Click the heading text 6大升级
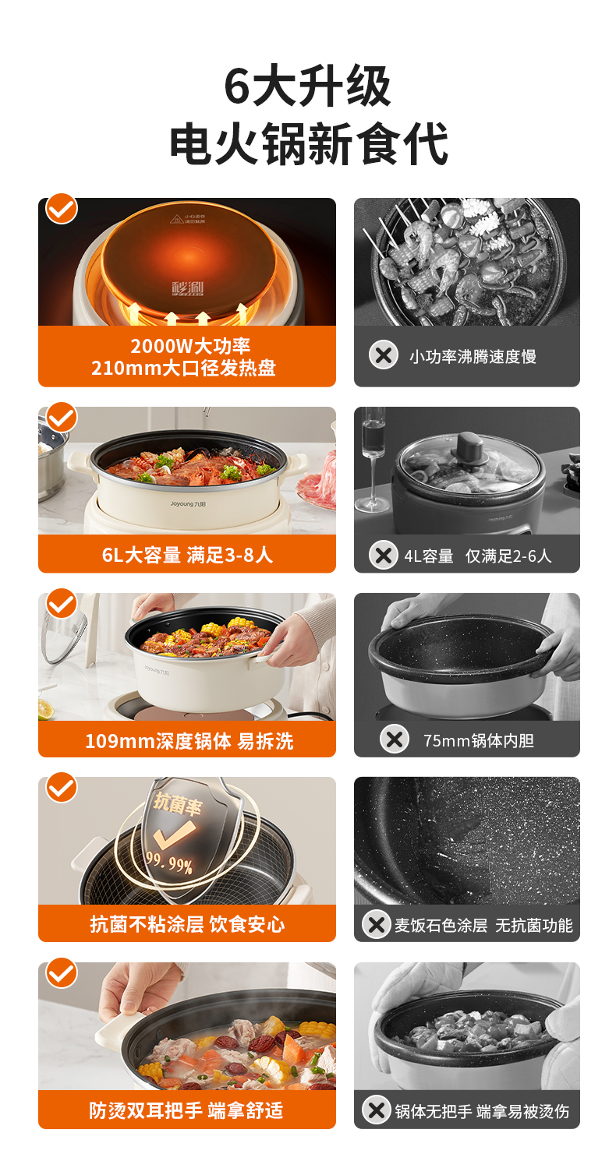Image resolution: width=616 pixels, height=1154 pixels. (308, 86)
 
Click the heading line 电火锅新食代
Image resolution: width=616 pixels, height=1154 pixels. (308, 143)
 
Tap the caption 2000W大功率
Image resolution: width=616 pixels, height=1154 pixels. (190, 346)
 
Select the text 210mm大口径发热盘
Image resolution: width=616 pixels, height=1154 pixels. (183, 368)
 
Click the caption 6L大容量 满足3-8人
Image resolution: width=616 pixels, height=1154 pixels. (187, 555)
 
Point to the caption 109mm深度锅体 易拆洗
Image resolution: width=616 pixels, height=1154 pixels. (189, 741)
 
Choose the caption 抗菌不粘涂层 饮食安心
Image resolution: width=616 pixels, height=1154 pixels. (188, 924)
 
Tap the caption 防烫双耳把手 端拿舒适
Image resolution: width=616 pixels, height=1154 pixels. (186, 1110)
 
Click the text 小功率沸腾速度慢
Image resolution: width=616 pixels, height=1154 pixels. (473, 357)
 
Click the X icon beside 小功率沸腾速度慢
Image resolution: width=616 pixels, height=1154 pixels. (384, 355)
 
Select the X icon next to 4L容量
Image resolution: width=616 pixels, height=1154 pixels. (384, 556)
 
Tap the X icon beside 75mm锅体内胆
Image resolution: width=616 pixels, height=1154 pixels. (395, 739)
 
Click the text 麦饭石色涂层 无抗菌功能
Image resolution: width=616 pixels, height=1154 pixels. (483, 925)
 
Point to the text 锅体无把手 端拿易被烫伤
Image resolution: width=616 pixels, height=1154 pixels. (482, 1111)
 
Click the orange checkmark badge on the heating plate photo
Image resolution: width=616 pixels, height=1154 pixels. (62, 209)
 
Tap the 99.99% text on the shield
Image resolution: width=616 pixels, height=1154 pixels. (168, 863)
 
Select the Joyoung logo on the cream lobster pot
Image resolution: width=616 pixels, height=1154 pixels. (188, 503)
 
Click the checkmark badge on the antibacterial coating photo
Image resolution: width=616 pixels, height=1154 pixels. (62, 788)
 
